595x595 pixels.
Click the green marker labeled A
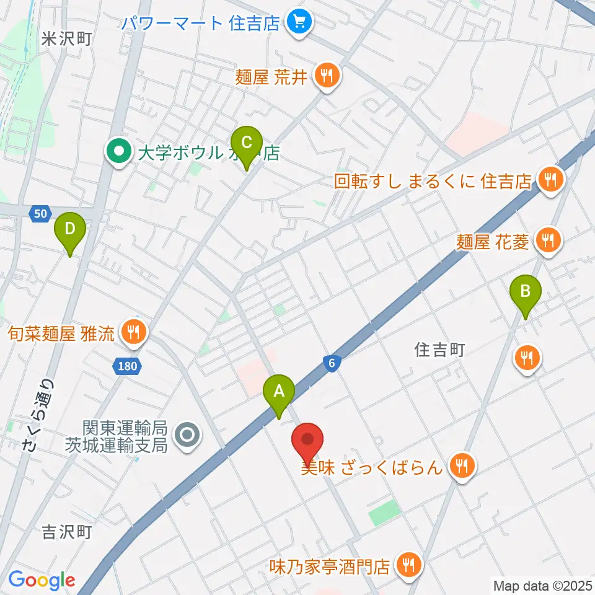point(279,392)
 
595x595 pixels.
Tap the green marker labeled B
point(526,291)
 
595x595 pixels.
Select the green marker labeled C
point(247,143)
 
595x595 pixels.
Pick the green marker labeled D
point(70,229)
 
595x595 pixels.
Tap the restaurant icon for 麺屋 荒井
point(327,77)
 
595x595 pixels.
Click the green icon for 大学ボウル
point(118,151)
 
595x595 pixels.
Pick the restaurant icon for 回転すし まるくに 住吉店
point(549,181)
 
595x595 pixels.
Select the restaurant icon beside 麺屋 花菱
point(547,240)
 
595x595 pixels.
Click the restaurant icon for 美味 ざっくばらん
point(461,465)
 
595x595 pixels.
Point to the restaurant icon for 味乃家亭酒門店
point(408,565)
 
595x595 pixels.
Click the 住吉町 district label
point(439,350)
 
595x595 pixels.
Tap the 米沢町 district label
point(66,39)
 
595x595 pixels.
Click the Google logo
point(42,580)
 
